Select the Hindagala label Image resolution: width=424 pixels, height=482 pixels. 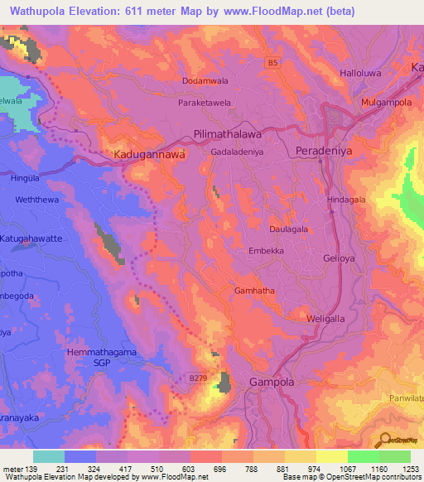tap(347, 200)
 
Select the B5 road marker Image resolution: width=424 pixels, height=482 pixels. tap(272, 62)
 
